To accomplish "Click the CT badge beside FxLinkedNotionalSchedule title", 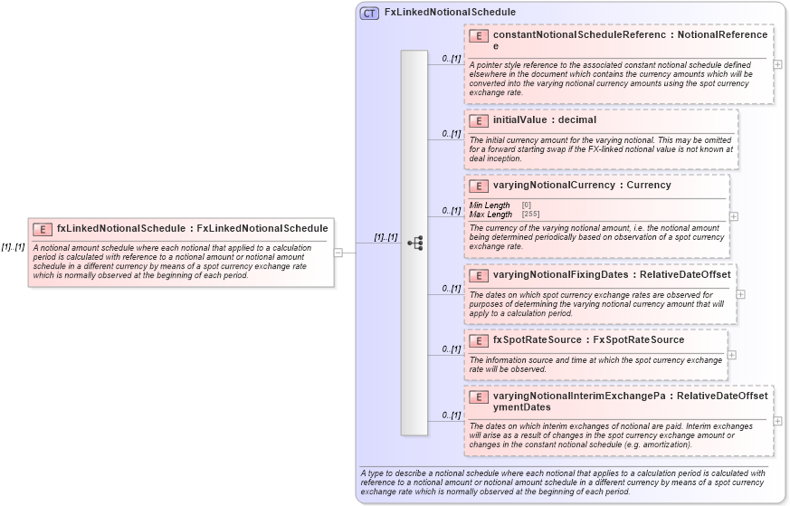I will point(369,13).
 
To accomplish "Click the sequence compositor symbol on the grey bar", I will point(414,243).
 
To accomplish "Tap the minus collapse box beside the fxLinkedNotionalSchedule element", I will point(338,253).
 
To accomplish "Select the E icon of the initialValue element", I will point(479,120).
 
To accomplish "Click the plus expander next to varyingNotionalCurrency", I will point(733,216).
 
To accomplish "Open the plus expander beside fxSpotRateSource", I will point(731,355).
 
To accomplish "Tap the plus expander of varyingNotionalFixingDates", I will point(740,294).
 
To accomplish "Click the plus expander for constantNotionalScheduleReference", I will point(777,64).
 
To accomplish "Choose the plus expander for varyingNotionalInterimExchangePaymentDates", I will point(777,420).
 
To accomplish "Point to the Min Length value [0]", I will point(527,205).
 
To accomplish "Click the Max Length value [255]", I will point(530,215).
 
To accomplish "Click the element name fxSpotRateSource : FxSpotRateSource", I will point(588,340).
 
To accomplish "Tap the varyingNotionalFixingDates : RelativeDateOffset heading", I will point(611,274).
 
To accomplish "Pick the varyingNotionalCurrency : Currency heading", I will point(582,186).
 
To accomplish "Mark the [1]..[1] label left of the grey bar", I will point(385,237).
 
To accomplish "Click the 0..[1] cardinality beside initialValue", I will point(451,133).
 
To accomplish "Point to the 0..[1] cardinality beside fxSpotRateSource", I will point(451,348).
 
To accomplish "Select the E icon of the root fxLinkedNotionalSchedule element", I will point(43,229).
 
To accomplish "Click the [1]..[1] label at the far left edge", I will point(13,246).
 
